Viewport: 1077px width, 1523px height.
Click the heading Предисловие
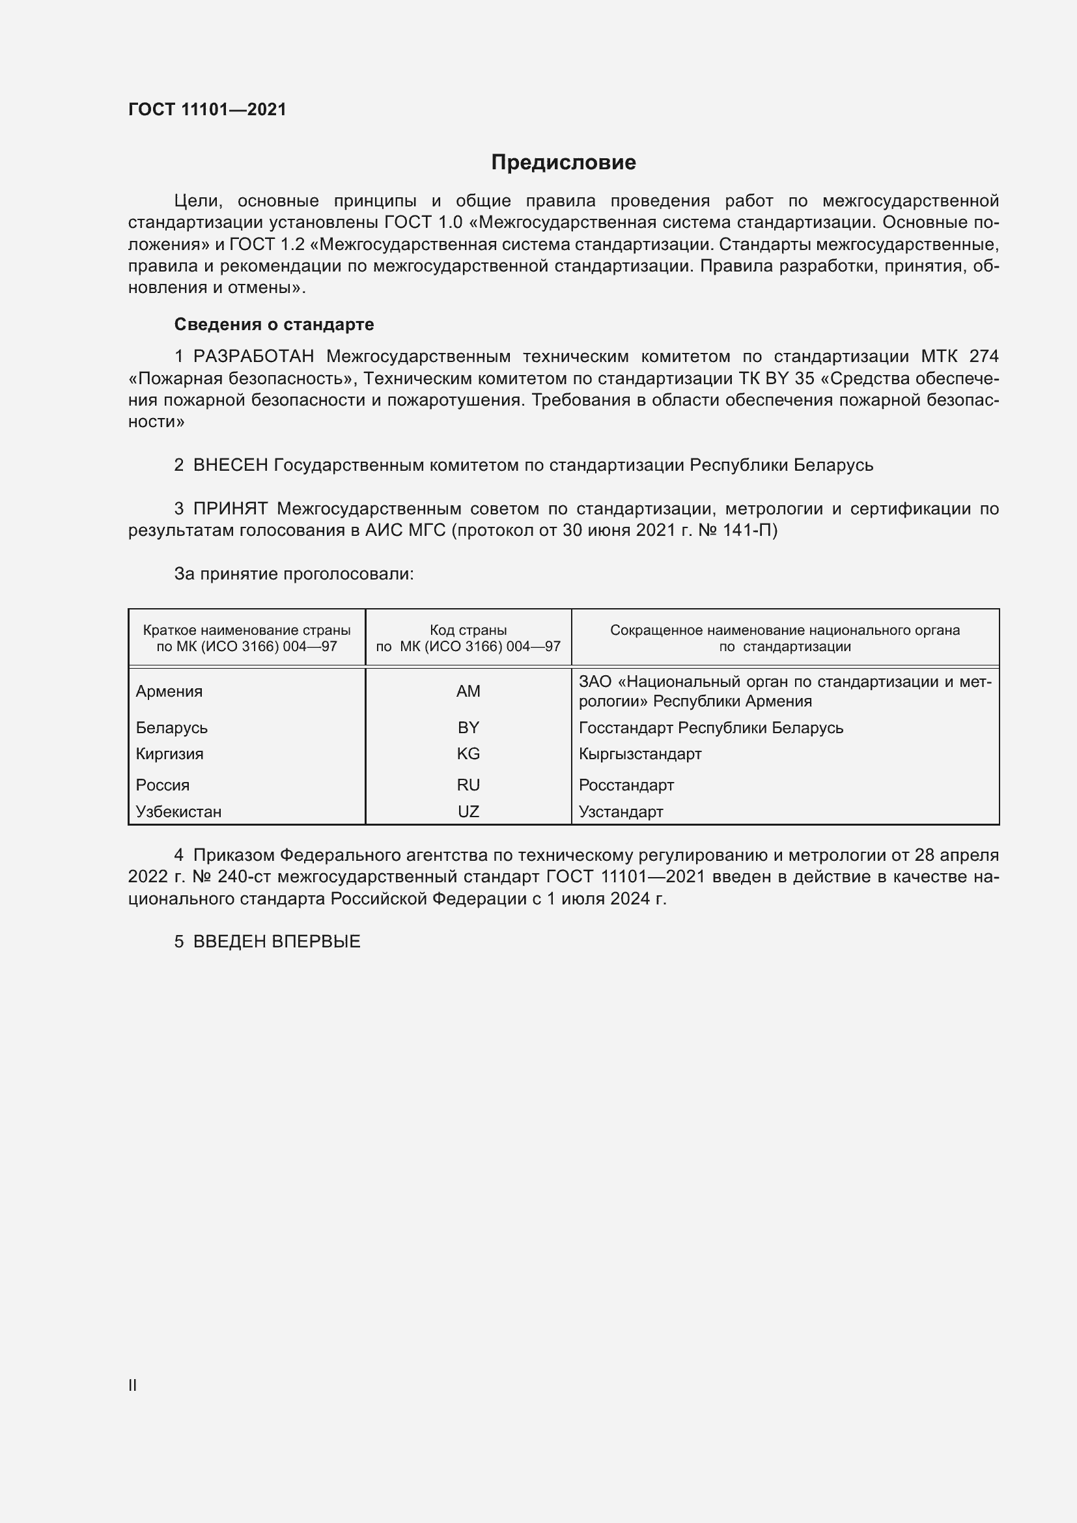coord(563,163)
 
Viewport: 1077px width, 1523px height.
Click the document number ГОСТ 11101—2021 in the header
coord(207,109)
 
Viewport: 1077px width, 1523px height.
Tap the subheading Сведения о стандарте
coord(274,324)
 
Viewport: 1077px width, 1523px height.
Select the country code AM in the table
coord(468,692)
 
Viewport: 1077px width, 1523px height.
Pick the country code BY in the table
coord(468,728)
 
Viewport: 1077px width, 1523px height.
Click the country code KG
coord(468,754)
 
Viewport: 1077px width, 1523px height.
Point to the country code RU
coord(468,785)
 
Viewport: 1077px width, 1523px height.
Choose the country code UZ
coord(468,812)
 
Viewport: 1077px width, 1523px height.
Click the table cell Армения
coord(169,692)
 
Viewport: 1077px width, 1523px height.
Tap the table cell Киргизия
coord(170,754)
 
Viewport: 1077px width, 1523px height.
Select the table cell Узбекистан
coord(178,812)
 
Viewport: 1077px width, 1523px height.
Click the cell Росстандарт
coord(626,785)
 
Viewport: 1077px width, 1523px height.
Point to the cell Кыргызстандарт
coord(640,754)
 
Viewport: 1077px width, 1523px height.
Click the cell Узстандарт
coord(621,812)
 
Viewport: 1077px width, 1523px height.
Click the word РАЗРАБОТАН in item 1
coord(253,357)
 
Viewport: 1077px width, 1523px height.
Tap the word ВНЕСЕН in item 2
coord(230,466)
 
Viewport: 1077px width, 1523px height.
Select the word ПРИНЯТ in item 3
coord(230,509)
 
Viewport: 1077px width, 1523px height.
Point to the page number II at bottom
coord(133,1385)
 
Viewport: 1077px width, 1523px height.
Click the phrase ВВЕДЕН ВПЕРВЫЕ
coord(277,942)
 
